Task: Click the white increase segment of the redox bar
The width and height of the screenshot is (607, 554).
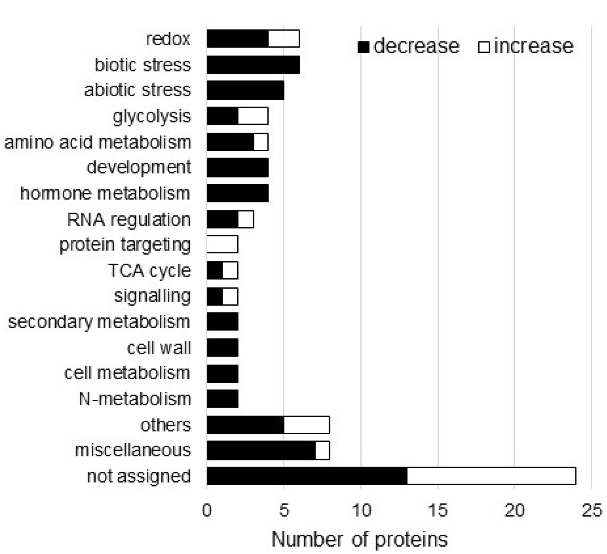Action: (284, 39)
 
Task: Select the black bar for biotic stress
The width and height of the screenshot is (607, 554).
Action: (253, 65)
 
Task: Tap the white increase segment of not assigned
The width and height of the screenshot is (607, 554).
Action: (491, 476)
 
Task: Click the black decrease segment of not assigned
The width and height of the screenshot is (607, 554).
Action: (307, 476)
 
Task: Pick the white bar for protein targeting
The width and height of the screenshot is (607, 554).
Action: (222, 245)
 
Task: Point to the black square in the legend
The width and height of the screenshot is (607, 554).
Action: (364, 47)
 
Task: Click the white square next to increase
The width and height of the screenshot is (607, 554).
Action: (484, 47)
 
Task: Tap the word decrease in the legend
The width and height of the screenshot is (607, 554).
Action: (416, 46)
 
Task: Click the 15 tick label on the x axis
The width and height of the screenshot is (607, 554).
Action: (437, 510)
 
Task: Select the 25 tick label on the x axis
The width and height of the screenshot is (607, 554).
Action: (592, 510)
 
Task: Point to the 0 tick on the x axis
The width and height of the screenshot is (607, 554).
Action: (207, 510)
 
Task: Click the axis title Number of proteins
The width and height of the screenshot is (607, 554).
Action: (359, 539)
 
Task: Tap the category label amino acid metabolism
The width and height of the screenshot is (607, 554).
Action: (98, 142)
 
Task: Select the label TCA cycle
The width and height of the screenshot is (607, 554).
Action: (150, 271)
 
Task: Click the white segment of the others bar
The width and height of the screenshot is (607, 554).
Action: (306, 424)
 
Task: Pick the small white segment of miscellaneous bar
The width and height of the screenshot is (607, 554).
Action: (322, 450)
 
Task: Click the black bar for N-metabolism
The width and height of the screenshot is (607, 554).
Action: (222, 399)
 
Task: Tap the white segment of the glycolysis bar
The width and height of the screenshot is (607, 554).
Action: (253, 116)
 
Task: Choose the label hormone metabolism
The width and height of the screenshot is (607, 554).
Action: (105, 194)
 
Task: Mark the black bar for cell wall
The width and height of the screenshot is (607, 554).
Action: (222, 347)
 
